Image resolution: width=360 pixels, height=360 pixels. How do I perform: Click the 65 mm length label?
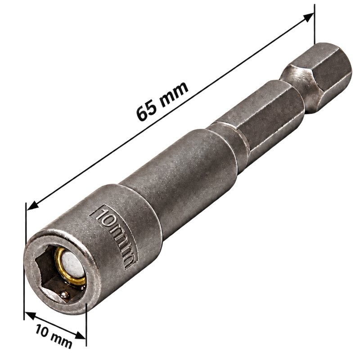(x=162, y=101)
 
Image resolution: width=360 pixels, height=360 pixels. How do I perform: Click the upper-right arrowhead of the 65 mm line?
(x=308, y=17)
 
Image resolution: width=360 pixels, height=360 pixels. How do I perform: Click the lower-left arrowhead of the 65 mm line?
(x=32, y=206)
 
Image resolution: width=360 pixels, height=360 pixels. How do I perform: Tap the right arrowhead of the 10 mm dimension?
(x=81, y=336)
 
